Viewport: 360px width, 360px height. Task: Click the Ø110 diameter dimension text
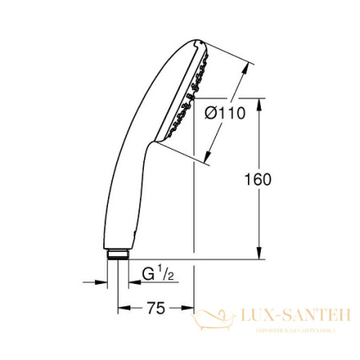click(226, 114)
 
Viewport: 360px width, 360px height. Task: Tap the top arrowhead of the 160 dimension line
click(260, 102)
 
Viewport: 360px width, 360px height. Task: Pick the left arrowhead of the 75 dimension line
click(122, 306)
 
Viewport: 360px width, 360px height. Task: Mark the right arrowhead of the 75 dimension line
click(190, 306)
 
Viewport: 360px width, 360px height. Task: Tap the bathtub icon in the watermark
click(214, 320)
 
